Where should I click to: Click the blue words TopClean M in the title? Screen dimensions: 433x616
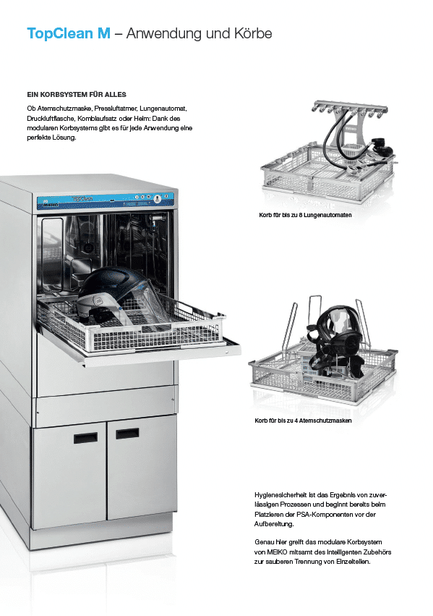(x=69, y=33)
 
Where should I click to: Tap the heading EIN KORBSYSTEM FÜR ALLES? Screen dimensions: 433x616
(x=77, y=95)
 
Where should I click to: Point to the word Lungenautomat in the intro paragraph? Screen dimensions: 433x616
(x=163, y=109)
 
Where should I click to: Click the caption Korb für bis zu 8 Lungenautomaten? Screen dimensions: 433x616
(x=305, y=215)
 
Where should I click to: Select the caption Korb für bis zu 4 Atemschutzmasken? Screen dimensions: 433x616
(x=303, y=421)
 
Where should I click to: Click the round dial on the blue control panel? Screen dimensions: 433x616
(x=157, y=199)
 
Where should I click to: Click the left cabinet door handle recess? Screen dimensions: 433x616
(x=85, y=438)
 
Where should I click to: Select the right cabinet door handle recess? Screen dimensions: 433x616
(x=127, y=434)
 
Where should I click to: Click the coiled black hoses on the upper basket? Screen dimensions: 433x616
(x=340, y=142)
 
